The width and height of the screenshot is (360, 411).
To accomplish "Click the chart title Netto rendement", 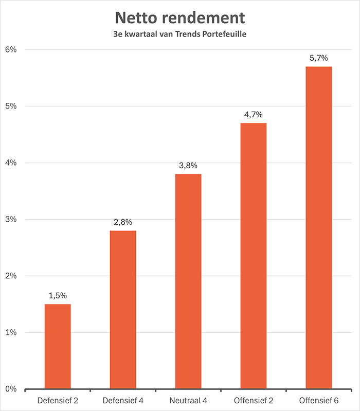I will (x=179, y=18).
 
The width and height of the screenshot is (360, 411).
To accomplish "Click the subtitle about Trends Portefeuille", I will (x=179, y=34).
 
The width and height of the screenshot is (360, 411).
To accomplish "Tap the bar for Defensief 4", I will (x=123, y=310).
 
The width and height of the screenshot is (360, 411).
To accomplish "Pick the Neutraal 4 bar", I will (x=188, y=281).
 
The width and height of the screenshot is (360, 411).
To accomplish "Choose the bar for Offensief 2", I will (x=254, y=256).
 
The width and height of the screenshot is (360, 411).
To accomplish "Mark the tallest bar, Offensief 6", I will (x=318, y=227).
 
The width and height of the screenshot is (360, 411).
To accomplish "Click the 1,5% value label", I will (x=58, y=296).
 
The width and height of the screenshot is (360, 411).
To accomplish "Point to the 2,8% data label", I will (x=123, y=222).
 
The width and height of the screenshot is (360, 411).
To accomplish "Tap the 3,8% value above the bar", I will (x=188, y=166).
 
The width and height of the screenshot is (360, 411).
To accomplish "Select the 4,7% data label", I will (x=254, y=115).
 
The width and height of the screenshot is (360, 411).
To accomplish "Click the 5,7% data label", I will (x=318, y=58).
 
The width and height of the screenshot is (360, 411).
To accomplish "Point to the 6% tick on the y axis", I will (x=11, y=50).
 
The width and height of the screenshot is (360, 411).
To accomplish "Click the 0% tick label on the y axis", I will (x=11, y=389).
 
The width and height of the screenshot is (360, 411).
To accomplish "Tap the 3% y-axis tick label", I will (x=11, y=220).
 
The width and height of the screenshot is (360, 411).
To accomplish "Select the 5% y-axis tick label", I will (x=11, y=106).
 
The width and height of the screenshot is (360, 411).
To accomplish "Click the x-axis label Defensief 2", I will (x=58, y=400).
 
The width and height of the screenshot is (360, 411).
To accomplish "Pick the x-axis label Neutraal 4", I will (x=188, y=400).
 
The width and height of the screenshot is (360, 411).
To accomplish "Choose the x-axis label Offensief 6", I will (x=318, y=400).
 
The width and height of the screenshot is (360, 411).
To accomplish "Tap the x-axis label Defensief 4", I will (x=123, y=400).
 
